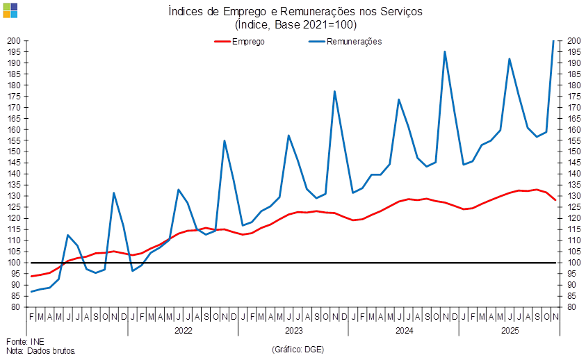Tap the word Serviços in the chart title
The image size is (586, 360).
pyautogui.click(x=393, y=11)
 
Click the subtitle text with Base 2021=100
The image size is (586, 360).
pyautogui.click(x=295, y=24)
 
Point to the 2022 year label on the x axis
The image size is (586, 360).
pyautogui.click(x=183, y=330)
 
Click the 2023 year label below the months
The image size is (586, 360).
pyautogui.click(x=293, y=330)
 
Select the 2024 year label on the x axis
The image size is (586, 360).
pyautogui.click(x=403, y=330)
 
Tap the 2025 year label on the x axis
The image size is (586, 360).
pyautogui.click(x=512, y=330)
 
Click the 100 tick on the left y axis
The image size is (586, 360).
pyautogui.click(x=15, y=263)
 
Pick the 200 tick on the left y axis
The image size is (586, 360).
pyautogui.click(x=15, y=41)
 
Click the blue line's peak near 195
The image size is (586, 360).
pyautogui.click(x=444, y=51)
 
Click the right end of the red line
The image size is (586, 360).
pyautogui.click(x=555, y=200)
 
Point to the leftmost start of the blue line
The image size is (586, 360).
pyautogui.click(x=31, y=292)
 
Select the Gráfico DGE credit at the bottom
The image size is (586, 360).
pyautogui.click(x=298, y=348)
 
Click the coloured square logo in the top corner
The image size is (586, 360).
pyautogui.click(x=10, y=10)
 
